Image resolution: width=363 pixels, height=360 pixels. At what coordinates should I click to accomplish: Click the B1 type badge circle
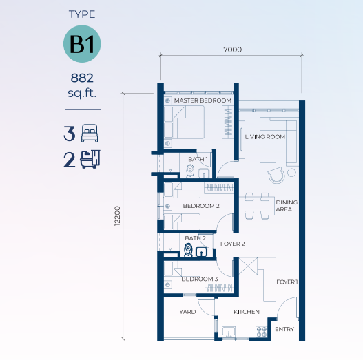(82, 44)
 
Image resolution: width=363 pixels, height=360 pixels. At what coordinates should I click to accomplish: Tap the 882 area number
(82, 78)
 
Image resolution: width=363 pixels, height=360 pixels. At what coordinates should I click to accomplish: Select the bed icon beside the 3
(90, 134)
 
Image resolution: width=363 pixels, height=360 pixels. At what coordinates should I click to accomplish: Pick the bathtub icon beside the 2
(90, 159)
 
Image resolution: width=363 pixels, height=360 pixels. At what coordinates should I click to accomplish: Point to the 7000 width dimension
(232, 50)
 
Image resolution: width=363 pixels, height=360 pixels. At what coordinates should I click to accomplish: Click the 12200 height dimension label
(117, 216)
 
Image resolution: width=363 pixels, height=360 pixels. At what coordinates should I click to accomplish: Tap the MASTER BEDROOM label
(203, 100)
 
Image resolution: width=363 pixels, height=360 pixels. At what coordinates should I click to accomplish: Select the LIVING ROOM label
(265, 137)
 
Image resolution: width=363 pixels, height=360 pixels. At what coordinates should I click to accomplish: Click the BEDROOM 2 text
(201, 206)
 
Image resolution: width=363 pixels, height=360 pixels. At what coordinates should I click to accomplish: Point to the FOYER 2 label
(232, 244)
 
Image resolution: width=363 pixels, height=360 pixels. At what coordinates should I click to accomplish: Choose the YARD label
(187, 312)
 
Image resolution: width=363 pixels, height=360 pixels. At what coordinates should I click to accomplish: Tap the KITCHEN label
(247, 312)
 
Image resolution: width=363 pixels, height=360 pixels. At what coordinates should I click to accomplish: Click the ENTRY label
(284, 329)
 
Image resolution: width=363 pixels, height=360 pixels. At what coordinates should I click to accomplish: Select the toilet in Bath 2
(188, 250)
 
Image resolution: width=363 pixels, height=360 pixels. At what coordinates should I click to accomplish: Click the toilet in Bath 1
(190, 171)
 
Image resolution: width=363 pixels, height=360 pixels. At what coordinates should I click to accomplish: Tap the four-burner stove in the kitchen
(262, 332)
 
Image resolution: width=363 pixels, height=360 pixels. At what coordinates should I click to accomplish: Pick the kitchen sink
(229, 332)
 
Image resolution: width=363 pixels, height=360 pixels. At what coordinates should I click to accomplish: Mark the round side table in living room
(291, 173)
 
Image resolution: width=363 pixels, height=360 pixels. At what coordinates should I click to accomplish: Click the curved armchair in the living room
(276, 175)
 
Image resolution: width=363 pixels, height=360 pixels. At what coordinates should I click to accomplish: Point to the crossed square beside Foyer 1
(248, 267)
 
